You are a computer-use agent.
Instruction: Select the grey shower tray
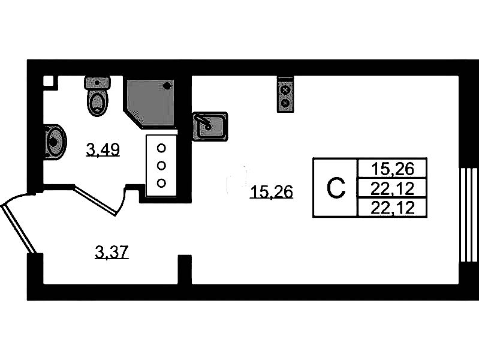point(148,102)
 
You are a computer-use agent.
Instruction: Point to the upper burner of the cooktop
point(285,90)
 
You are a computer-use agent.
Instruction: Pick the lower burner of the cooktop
point(285,103)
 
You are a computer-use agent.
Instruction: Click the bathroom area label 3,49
point(103,149)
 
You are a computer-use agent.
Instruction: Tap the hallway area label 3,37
point(112,253)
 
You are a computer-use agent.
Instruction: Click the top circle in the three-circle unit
point(161,147)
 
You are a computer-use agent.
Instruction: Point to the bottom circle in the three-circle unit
point(161,182)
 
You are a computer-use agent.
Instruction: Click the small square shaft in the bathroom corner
point(49,82)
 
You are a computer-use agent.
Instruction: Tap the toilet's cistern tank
point(97,83)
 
